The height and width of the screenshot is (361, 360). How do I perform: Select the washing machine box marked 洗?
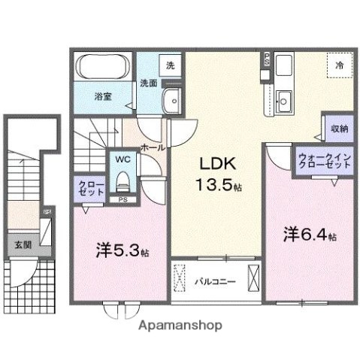click(170, 65)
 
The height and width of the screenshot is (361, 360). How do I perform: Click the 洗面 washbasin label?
click(148, 83)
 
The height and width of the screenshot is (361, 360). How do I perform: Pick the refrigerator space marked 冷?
click(339, 66)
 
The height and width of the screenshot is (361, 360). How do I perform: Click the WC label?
click(122, 159)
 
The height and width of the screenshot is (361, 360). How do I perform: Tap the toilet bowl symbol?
click(122, 180)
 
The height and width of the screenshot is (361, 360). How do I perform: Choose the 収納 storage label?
click(340, 129)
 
